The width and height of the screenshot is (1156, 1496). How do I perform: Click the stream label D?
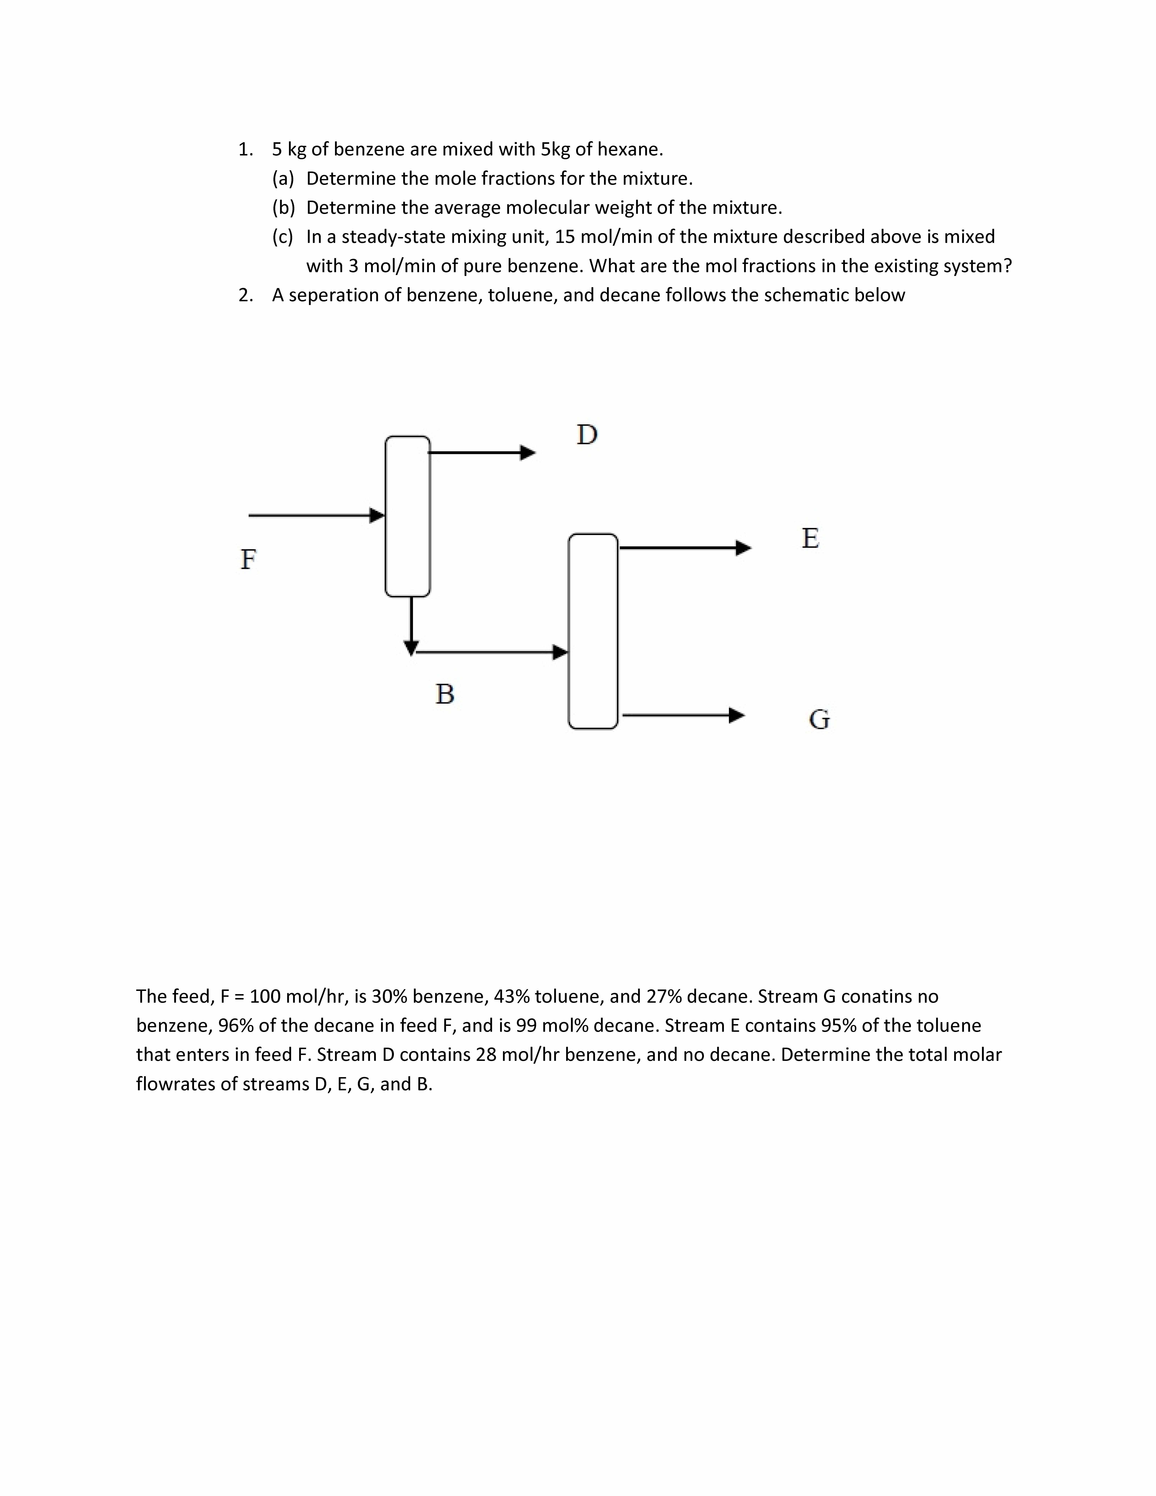click(587, 434)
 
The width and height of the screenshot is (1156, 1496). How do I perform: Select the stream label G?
click(819, 719)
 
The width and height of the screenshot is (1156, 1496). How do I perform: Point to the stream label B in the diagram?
click(444, 694)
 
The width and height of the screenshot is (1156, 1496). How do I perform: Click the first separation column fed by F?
click(407, 516)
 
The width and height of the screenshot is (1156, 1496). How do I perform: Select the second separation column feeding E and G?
click(592, 631)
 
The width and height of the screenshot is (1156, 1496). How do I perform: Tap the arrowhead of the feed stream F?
click(377, 515)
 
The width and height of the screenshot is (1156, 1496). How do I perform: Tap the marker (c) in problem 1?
click(283, 237)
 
